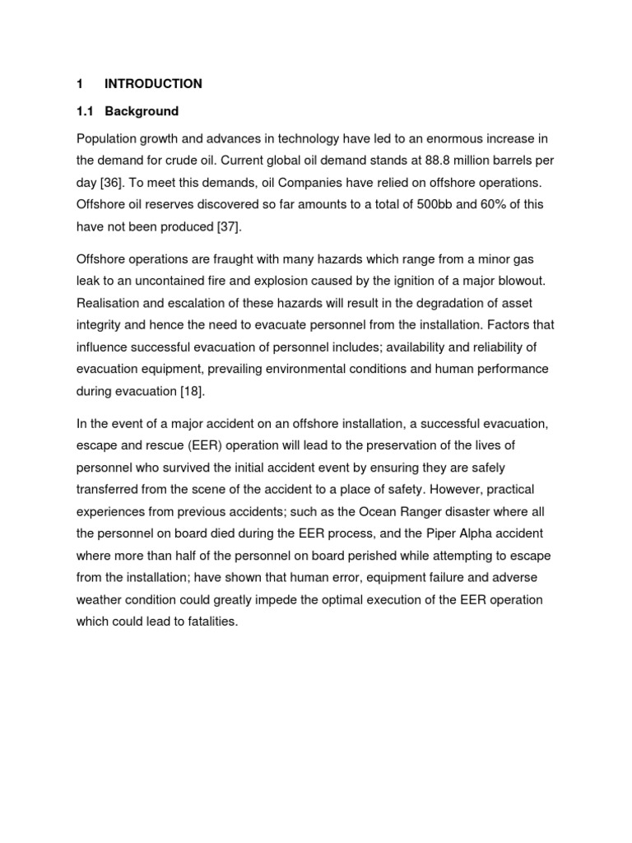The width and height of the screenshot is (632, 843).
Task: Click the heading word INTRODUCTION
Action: pos(153,84)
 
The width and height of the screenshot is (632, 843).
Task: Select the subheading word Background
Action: pos(142,111)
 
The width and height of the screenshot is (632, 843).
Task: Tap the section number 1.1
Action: pos(85,111)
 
